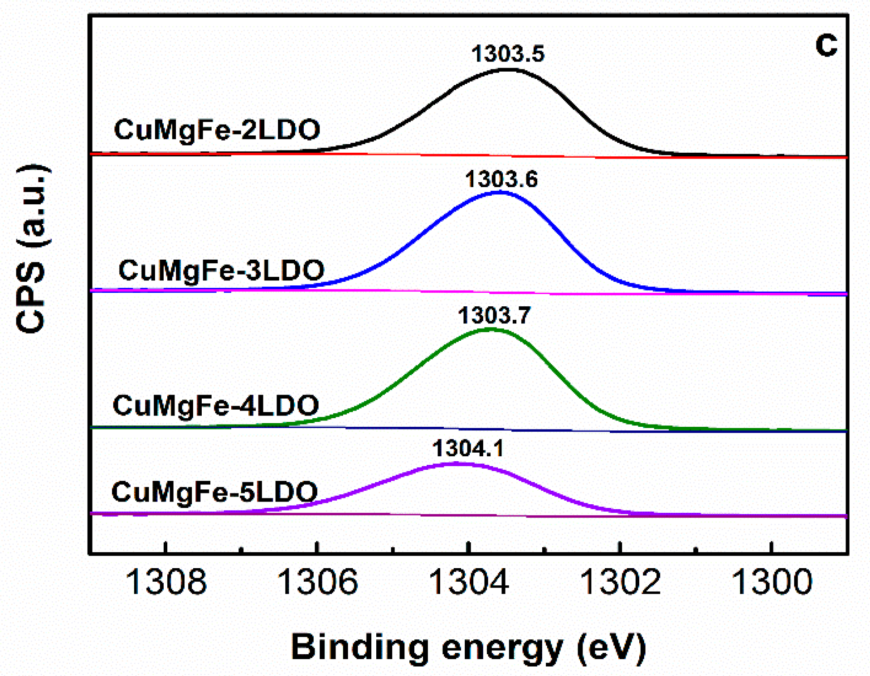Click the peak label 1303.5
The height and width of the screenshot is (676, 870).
pos(508,54)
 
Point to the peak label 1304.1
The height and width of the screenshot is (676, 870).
pos(468,449)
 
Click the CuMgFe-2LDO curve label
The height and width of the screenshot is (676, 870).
pos(217,130)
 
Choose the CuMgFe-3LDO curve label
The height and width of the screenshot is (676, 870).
pos(221,270)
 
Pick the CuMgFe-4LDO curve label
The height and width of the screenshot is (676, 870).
pos(216,406)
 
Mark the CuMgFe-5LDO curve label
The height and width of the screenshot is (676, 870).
pos(214,492)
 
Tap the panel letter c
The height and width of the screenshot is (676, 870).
pos(826,45)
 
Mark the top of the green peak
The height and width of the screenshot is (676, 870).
pos(492,329)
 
